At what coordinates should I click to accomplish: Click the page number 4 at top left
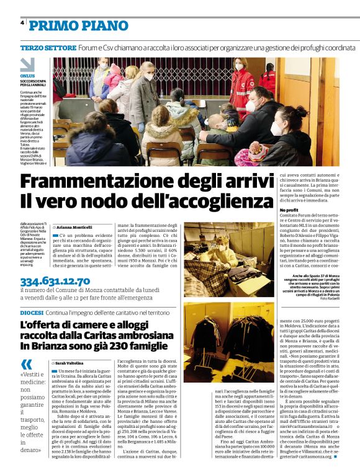[x=22, y=23]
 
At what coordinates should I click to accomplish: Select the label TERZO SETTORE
[x=45, y=48]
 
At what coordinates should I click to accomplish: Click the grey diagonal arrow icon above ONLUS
[x=27, y=64]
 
